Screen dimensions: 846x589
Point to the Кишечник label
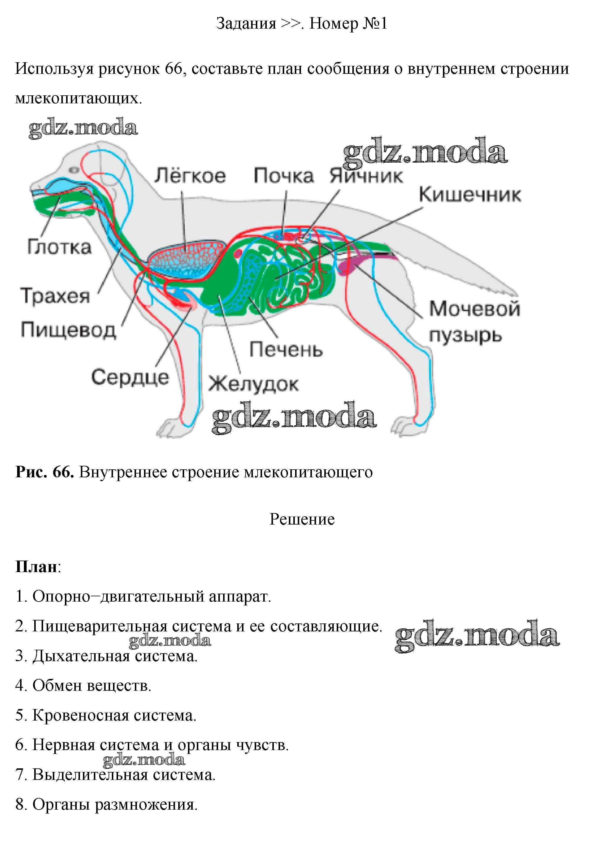click(470, 195)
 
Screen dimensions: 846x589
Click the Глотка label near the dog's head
click(59, 247)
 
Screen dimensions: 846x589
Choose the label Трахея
click(55, 295)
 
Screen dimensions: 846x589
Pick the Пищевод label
click(68, 329)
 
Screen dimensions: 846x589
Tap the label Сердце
click(130, 377)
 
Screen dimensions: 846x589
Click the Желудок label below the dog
click(253, 384)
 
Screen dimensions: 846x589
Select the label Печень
click(286, 349)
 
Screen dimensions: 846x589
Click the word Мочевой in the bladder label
click(475, 308)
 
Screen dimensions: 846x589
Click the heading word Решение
click(302, 520)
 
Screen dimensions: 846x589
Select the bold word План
click(36, 567)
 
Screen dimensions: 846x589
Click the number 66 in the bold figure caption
click(63, 472)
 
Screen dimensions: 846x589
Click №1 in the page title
click(375, 24)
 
